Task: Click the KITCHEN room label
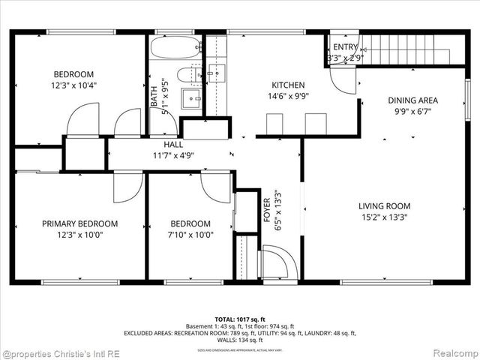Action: [288, 85]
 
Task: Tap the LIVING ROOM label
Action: [384, 206]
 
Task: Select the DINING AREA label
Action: [412, 100]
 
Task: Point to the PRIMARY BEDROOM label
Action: [79, 223]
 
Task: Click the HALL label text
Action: [173, 144]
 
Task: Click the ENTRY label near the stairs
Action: [346, 47]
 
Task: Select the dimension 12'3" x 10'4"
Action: [73, 85]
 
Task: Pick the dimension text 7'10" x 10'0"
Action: [190, 234]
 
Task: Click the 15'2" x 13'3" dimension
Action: [384, 217]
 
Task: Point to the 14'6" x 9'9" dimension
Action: [288, 96]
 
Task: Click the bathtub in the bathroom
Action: [175, 48]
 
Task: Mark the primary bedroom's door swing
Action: [127, 188]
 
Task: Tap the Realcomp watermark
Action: [452, 352]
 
